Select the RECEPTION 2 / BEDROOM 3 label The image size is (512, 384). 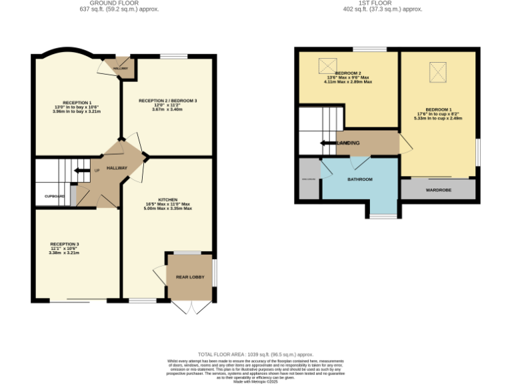[x=167, y=101]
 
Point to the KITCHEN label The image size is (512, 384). [x=167, y=199]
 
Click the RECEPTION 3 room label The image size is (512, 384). [x=64, y=244]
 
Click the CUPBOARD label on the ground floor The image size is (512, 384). [x=55, y=196]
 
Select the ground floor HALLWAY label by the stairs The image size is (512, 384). [x=117, y=168]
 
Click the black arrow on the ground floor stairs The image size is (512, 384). [x=81, y=171]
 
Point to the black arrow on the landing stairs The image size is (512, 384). [x=329, y=143]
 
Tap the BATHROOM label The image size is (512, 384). [x=359, y=179]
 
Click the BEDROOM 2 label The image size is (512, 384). [x=348, y=73]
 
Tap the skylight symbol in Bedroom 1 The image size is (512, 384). [x=437, y=71]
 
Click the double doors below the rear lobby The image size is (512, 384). [x=190, y=306]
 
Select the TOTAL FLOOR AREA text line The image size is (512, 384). [x=255, y=354]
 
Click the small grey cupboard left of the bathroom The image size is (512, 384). [x=309, y=179]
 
